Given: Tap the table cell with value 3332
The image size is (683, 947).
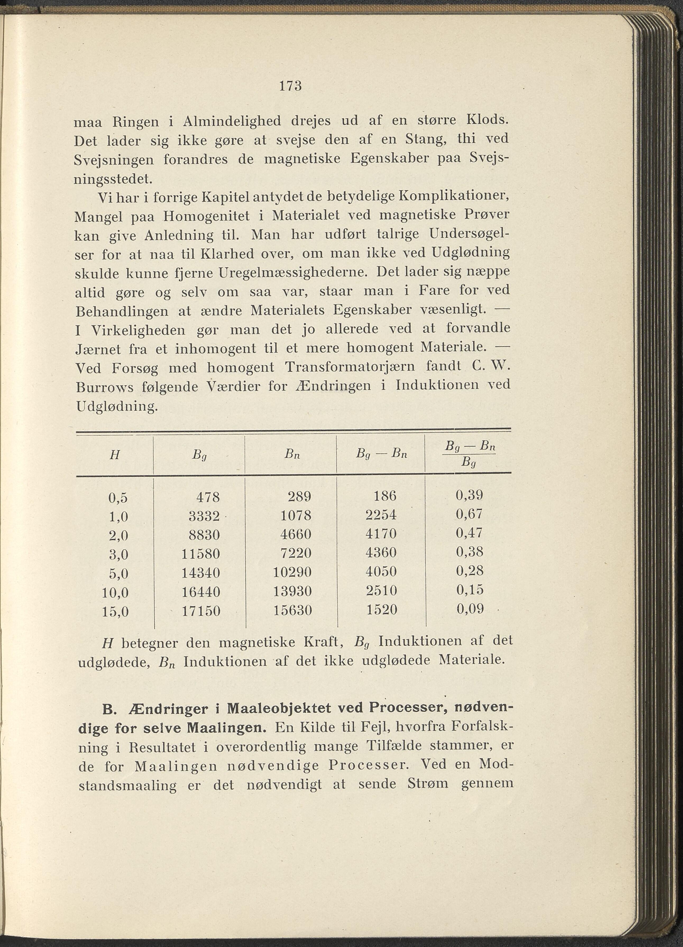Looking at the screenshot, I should (x=204, y=517).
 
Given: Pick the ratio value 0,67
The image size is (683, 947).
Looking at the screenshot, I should (x=469, y=514).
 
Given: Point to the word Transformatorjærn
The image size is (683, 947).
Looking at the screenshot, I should (x=350, y=367).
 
